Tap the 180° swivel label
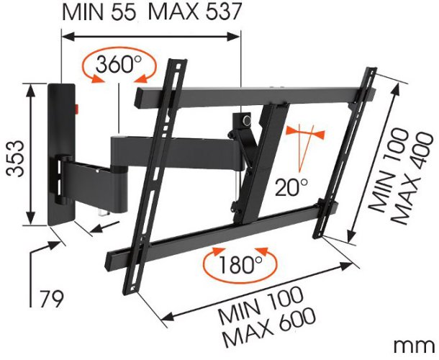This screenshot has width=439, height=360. click(x=240, y=264)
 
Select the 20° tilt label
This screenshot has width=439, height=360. click(x=291, y=187)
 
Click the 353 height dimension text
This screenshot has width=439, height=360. click(x=16, y=158)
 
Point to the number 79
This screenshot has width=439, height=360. click(x=51, y=299)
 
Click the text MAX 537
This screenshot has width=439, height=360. click(x=195, y=12)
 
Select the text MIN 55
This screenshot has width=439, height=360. click(x=99, y=12)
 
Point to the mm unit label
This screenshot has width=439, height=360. click(x=415, y=347)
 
